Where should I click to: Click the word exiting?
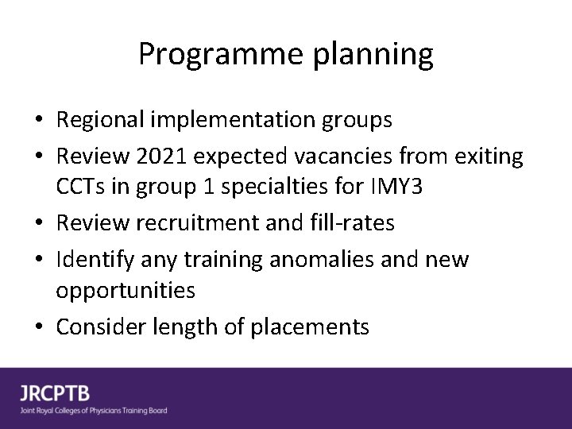click(x=487, y=157)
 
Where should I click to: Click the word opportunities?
click(x=125, y=290)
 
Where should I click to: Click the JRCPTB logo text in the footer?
click(x=55, y=393)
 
